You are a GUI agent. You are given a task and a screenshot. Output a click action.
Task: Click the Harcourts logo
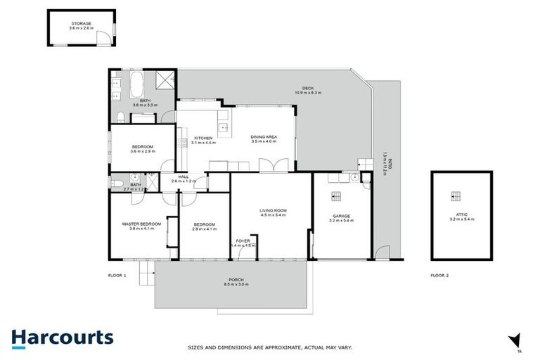(63, 337)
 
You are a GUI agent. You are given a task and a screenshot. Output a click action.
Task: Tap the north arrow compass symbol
(515, 341)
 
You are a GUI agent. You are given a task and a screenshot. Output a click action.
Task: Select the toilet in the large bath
(120, 117)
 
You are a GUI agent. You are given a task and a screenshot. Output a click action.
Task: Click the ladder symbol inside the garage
(335, 195)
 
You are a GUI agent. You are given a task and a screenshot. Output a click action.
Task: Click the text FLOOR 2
(439, 276)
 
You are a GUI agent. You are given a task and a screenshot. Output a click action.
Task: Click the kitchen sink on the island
(222, 128)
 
